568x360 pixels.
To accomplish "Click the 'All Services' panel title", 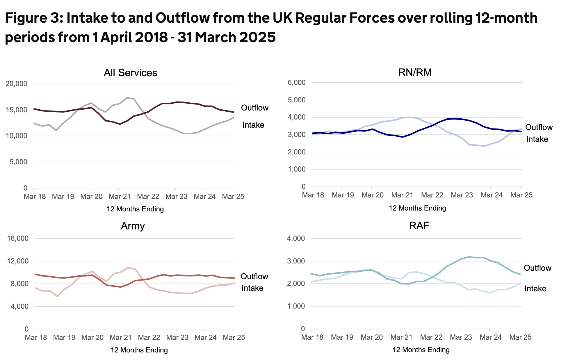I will tap(130, 73).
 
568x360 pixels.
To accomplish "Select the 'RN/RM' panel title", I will tap(415, 72).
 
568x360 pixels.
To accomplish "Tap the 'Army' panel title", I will tap(133, 226).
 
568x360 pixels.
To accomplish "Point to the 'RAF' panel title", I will tap(419, 226).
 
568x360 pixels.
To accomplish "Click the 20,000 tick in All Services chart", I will tap(16, 84).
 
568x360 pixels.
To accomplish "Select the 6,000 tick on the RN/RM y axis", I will tap(297, 83).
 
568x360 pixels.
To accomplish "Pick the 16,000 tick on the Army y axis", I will tap(18, 238).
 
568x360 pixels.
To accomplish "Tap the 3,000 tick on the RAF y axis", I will tap(296, 261).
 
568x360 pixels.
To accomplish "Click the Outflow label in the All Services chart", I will tap(255, 108).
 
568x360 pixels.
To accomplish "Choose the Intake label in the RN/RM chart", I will tap(537, 139).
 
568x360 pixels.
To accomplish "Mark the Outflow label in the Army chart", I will tap(254, 276).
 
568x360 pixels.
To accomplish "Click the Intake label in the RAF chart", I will tap(535, 289).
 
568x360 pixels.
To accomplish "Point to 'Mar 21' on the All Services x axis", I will tap(120, 197).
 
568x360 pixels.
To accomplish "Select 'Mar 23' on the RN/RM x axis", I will tap(462, 195).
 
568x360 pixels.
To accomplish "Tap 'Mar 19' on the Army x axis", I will tap(64, 338).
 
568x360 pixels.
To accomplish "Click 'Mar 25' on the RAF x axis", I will tap(520, 337).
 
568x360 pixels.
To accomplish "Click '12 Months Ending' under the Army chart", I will tap(139, 350).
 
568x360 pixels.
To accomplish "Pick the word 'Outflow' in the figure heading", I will tap(182, 18).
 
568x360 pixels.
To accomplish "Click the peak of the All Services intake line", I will tap(127, 98).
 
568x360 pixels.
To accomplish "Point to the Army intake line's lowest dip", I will tap(57, 296).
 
